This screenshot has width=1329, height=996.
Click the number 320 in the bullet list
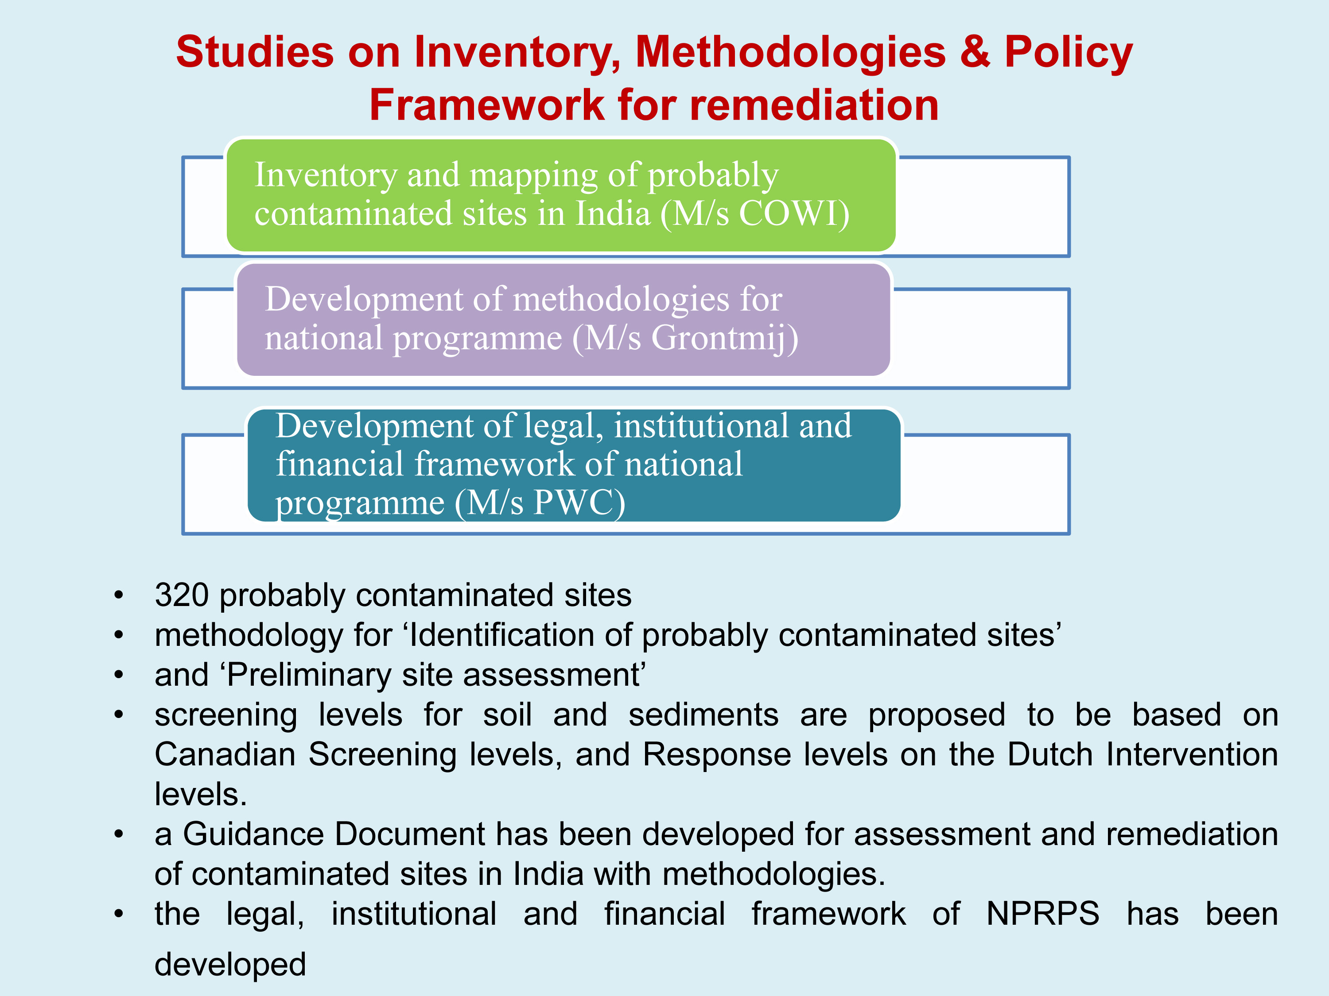(182, 595)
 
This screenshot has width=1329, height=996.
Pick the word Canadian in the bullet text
(225, 755)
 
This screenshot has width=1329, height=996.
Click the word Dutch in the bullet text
(1049, 755)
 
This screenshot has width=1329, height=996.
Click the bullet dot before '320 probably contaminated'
(119, 595)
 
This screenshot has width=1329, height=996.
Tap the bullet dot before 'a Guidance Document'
(119, 834)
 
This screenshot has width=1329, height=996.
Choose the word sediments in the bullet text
(703, 715)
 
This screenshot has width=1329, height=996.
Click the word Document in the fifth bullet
(410, 834)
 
